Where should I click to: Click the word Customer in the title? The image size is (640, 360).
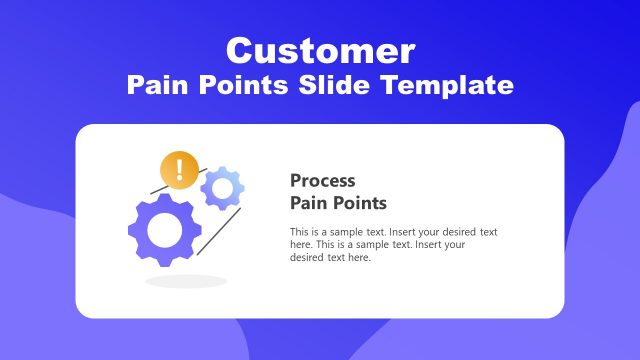pos(320,50)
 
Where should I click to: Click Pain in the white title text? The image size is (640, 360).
pos(157,86)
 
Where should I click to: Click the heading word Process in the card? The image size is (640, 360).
pos(322,181)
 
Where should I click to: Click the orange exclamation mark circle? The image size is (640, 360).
pos(179,170)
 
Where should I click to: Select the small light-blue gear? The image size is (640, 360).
pos(223,188)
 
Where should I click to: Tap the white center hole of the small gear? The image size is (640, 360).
pos(223,188)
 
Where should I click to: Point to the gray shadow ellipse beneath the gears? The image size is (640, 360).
pos(186,282)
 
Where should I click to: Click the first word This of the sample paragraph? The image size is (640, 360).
pos(299,232)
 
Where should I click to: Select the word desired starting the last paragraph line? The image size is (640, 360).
pos(307,258)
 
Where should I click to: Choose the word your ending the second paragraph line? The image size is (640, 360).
pos(457,245)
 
